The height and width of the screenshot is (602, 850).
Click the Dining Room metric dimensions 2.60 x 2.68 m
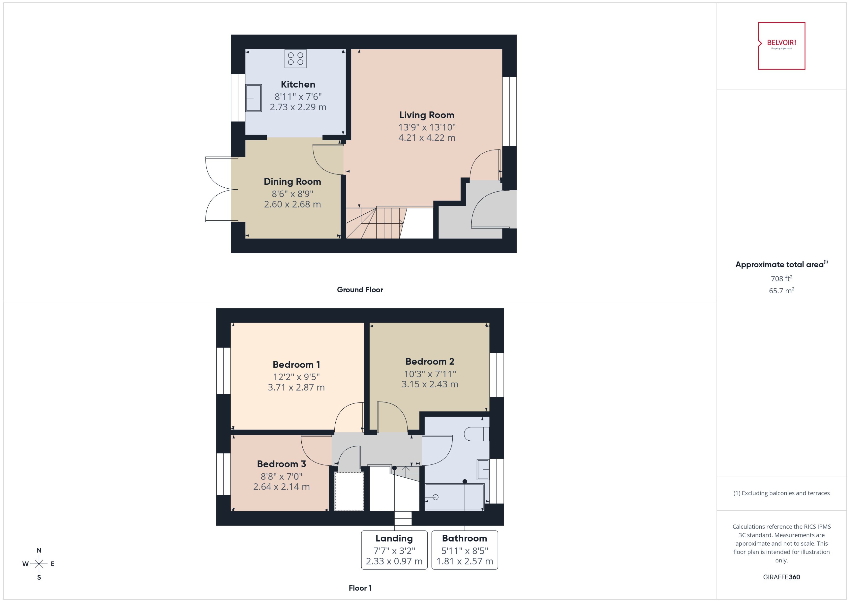(x=292, y=204)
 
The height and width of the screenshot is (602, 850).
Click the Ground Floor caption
(x=360, y=289)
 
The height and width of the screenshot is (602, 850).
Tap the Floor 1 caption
(x=360, y=588)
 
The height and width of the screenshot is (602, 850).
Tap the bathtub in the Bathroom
(x=454, y=497)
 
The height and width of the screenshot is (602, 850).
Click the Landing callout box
(x=394, y=550)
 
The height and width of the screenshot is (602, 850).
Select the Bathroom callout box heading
(x=464, y=538)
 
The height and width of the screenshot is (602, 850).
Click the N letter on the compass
(x=39, y=550)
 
